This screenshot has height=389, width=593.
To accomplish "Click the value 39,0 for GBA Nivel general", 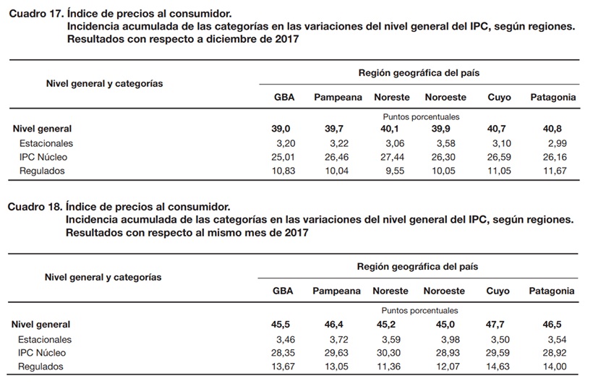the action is click(x=281, y=129).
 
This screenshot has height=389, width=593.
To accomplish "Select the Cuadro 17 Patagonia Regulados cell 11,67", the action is click(x=555, y=171).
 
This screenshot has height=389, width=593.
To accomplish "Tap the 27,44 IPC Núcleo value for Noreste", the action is click(x=392, y=158).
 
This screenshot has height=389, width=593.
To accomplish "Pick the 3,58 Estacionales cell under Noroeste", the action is click(x=446, y=144).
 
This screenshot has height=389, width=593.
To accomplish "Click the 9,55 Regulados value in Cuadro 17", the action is click(x=395, y=171).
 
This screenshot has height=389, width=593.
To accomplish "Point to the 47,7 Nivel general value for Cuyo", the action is click(x=495, y=325).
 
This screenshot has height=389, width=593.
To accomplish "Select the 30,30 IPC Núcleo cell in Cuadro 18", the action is click(x=388, y=353).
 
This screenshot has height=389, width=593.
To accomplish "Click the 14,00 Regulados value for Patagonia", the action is click(x=555, y=367).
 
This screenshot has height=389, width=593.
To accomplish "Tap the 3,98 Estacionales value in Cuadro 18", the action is click(x=451, y=340).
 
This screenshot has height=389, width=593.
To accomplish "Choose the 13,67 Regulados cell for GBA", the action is click(x=283, y=367).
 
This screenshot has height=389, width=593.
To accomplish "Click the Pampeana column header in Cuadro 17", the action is click(x=338, y=98).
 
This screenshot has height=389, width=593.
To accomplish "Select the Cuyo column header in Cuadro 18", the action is click(x=498, y=291).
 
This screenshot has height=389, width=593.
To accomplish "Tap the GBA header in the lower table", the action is click(x=283, y=291).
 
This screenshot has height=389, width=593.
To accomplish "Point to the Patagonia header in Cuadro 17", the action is click(x=553, y=98).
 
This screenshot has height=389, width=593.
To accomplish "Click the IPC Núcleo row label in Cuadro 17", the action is click(x=43, y=158).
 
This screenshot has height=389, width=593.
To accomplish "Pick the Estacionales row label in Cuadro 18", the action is click(x=45, y=340).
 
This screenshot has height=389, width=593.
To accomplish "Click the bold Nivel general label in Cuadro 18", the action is click(x=40, y=325).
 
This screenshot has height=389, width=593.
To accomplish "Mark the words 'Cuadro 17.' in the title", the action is click(x=36, y=14).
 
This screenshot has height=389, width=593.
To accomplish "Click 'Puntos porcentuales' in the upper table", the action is click(x=421, y=117).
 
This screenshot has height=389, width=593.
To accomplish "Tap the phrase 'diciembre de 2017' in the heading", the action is click(x=252, y=39).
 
